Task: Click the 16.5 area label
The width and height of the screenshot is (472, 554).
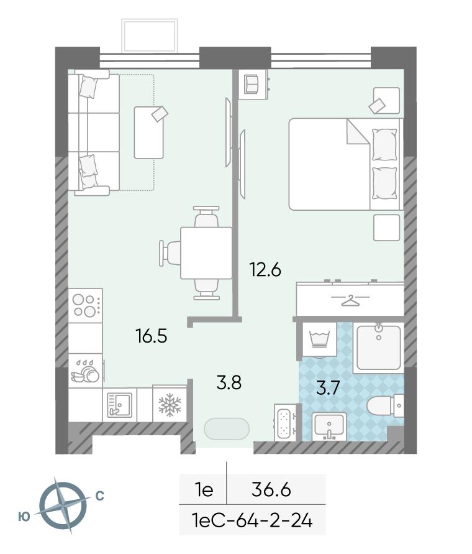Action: [x=152, y=336]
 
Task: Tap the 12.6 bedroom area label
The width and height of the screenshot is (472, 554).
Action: [x=265, y=270]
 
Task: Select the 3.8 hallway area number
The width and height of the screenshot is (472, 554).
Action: [x=229, y=382]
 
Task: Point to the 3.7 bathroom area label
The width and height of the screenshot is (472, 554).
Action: [x=328, y=388]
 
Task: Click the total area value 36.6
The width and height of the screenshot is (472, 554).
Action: [x=271, y=490]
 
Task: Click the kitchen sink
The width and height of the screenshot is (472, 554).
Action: [x=120, y=405]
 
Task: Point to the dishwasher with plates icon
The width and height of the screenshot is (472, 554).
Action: [x=86, y=371]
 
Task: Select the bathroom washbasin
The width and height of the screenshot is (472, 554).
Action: [x=329, y=427]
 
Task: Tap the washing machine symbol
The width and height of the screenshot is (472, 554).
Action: [x=319, y=339]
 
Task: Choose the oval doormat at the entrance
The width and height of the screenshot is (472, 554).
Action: [x=227, y=429]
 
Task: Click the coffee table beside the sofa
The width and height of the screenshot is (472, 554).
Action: [x=148, y=132]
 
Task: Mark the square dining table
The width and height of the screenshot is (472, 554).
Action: [x=206, y=253]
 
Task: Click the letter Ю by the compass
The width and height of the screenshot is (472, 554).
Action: [x=24, y=517]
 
